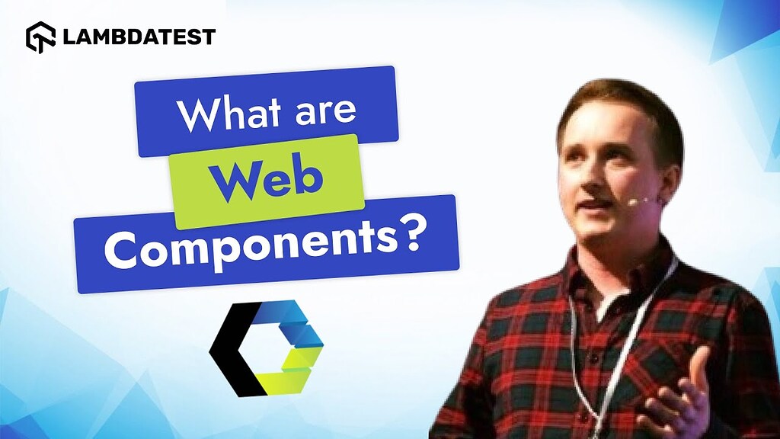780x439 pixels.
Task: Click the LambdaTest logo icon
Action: tap(40, 37)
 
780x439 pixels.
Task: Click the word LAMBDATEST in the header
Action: tap(139, 37)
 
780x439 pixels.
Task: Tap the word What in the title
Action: tap(233, 114)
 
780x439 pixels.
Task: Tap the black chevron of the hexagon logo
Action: tap(235, 348)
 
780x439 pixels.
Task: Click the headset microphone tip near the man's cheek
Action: tap(632, 202)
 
